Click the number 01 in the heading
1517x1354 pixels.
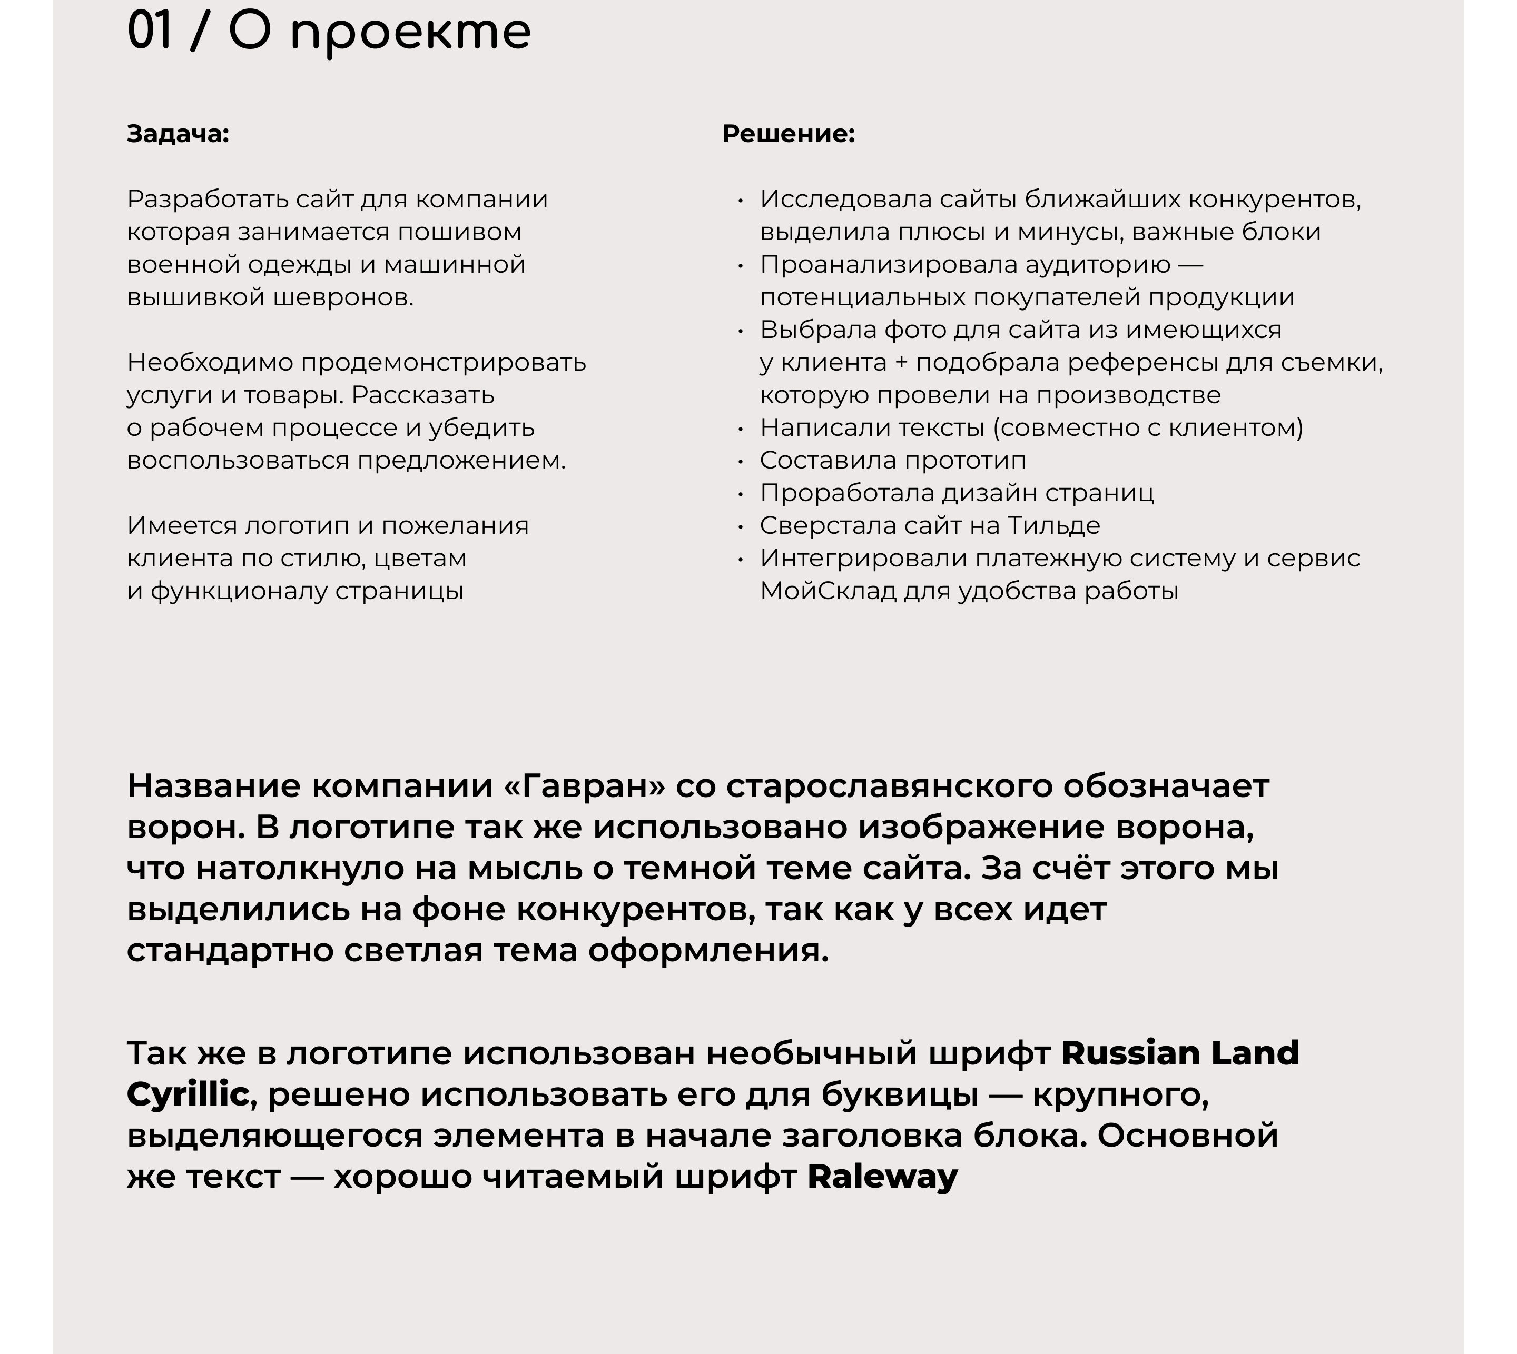150,31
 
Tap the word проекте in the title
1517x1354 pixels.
410,34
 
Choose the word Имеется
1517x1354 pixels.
182,526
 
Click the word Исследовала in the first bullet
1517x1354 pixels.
845,200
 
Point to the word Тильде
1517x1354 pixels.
1053,526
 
